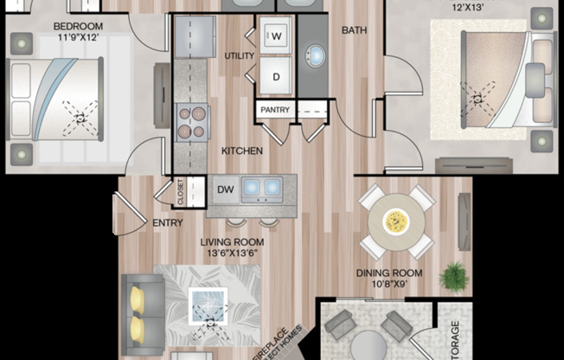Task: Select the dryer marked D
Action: coord(277,75)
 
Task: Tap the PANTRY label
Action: coord(275,110)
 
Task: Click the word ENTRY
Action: coord(166,222)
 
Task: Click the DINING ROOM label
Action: coord(388,273)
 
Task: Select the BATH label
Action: coord(354,30)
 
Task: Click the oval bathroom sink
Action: coord(314,57)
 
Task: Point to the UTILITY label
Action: coord(238,56)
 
